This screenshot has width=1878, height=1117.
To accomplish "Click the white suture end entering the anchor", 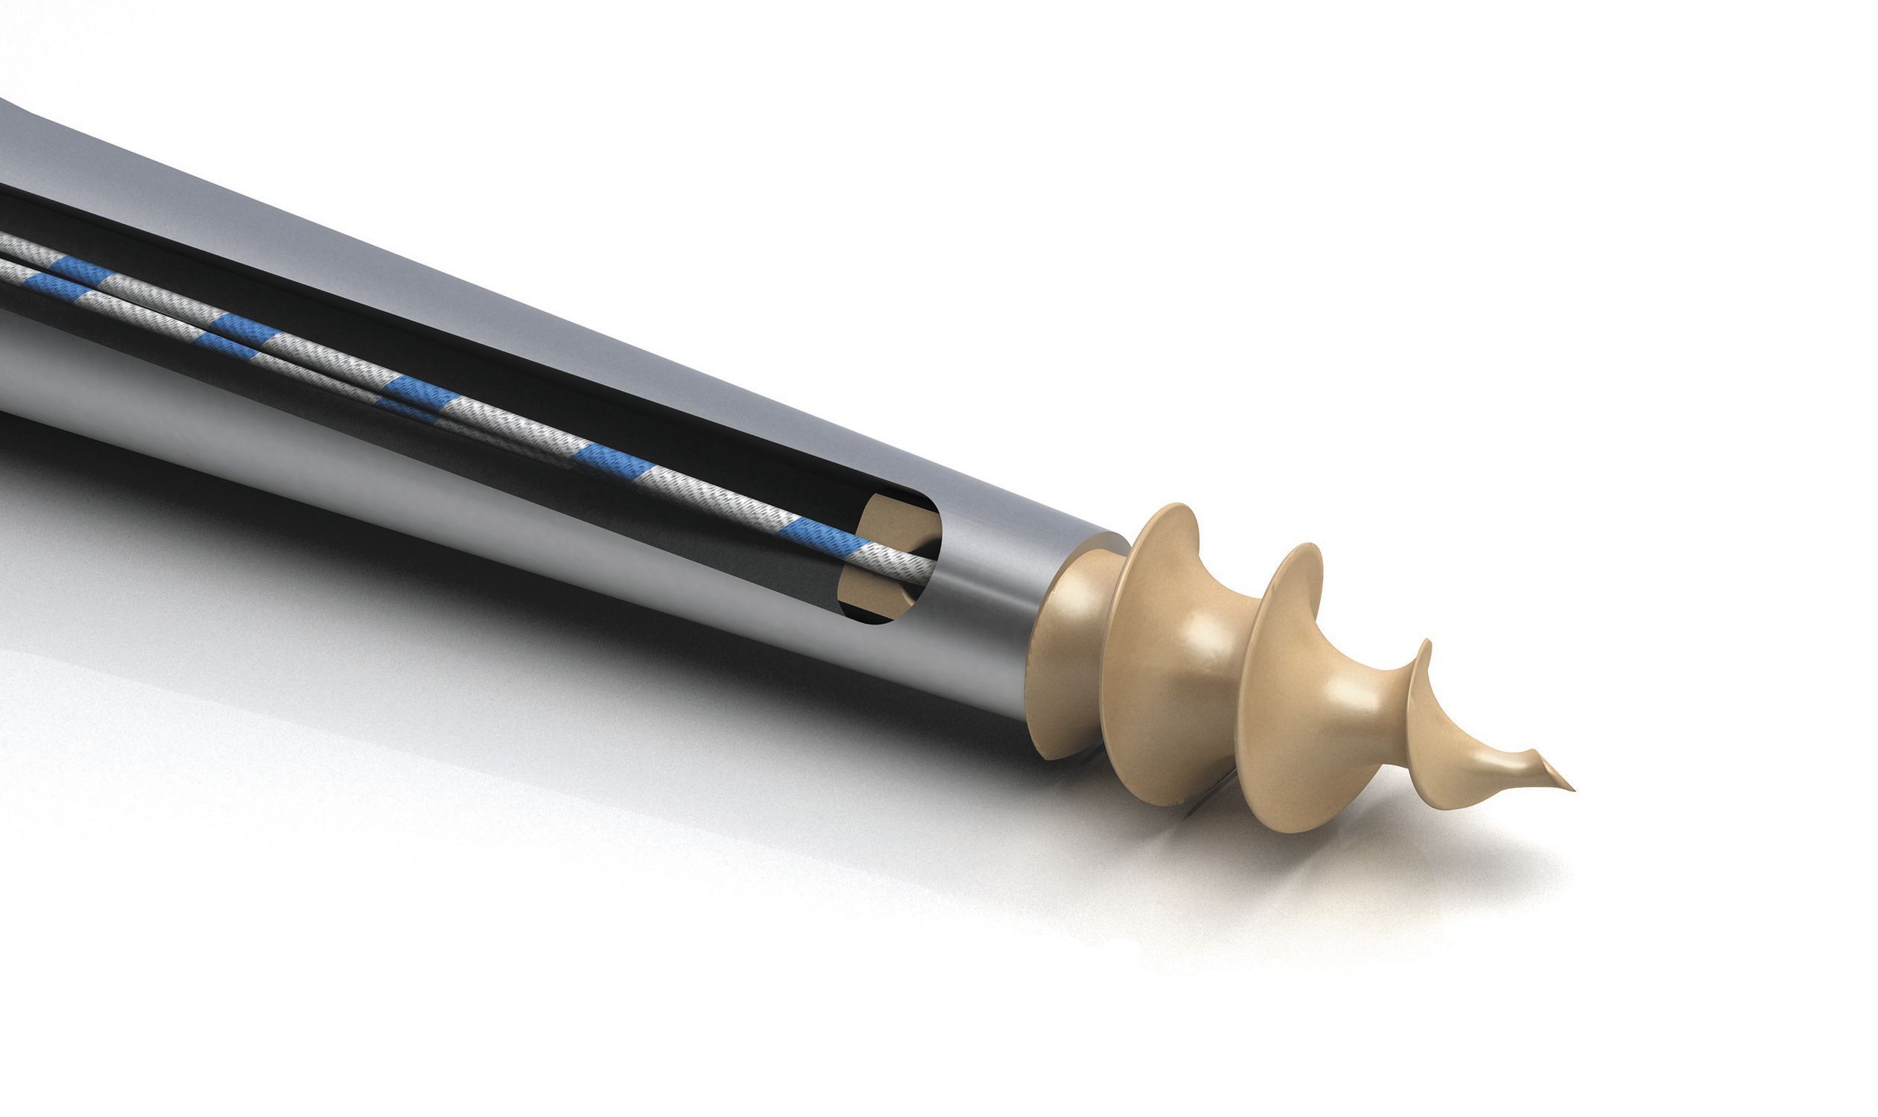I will coord(900,561).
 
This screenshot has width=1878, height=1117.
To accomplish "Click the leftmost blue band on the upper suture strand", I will coord(79,269).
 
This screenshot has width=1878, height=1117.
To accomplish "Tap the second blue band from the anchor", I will coord(614,459).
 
